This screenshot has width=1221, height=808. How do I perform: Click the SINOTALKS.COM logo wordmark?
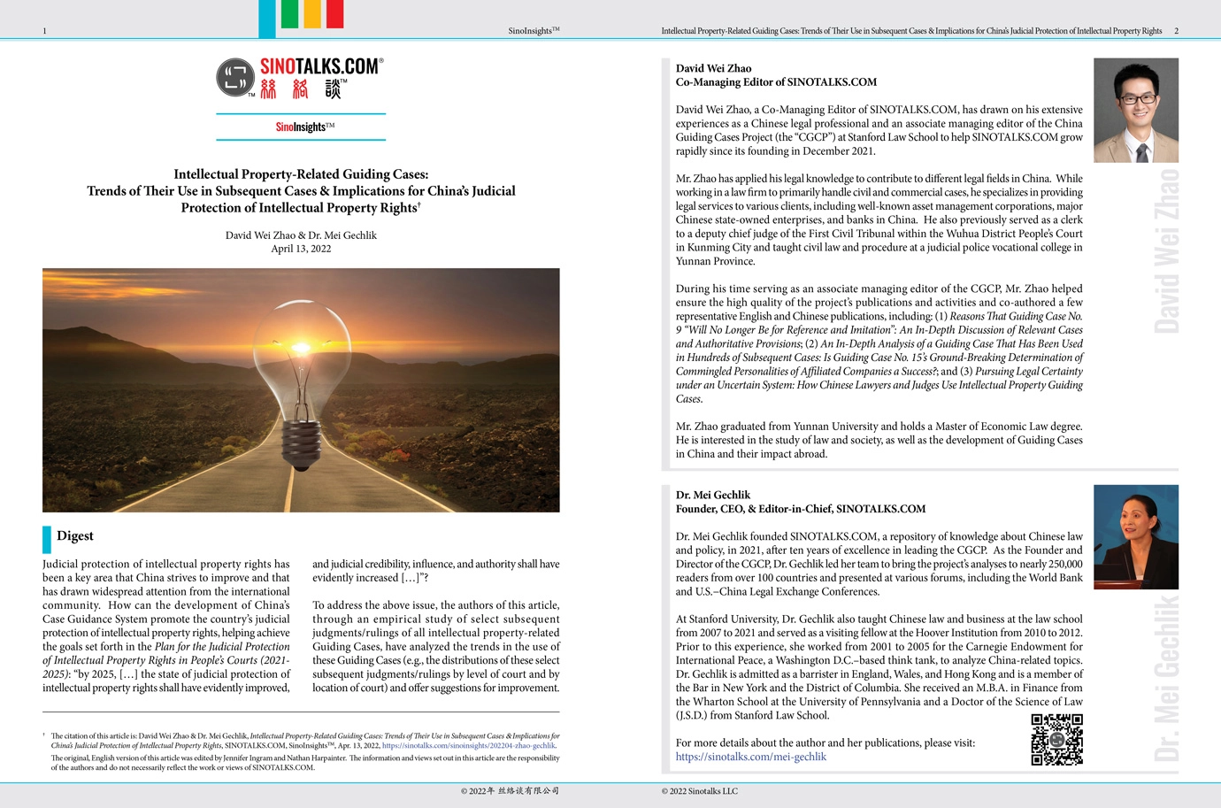tap(320, 66)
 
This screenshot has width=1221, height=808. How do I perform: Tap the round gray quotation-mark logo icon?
tap(235, 78)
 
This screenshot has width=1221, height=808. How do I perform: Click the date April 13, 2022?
tap(301, 249)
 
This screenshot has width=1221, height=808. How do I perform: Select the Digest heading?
tap(74, 535)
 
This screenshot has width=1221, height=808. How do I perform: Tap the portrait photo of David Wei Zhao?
tap(1135, 110)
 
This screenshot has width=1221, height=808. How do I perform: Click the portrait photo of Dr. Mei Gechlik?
tap(1135, 537)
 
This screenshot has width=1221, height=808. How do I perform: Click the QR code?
tap(1056, 739)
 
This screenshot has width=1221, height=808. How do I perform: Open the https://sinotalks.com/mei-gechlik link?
tap(750, 757)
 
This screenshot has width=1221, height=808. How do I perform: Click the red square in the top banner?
tap(334, 14)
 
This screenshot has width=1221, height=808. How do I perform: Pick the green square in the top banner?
tap(289, 14)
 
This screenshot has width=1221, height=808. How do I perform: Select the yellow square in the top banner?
tap(311, 14)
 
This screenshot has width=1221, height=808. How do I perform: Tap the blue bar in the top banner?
tap(266, 19)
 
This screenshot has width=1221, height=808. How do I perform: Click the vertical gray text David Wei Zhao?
tap(1167, 250)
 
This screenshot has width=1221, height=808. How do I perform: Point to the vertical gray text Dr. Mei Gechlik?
tap(1167, 677)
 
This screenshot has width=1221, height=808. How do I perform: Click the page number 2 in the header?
tap(1176, 31)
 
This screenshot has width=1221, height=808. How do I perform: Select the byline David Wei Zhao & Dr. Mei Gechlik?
tap(301, 235)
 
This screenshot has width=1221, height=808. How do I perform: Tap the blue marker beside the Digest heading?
tap(47, 539)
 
